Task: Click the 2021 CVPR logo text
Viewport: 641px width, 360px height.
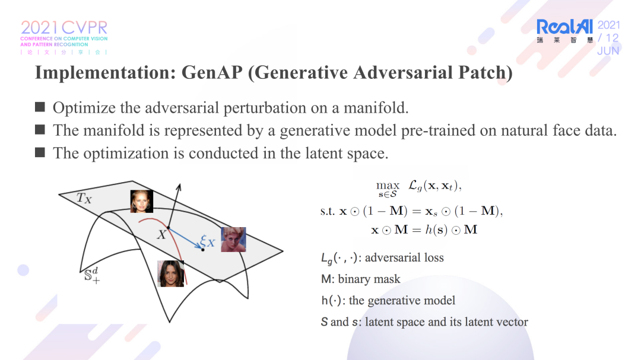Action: click(64, 28)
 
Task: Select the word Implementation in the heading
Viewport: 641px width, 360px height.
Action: click(106, 73)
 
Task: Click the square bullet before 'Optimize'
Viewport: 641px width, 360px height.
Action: click(40, 107)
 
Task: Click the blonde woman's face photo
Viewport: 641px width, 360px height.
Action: click(141, 201)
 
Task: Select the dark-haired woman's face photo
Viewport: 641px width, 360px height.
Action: click(170, 273)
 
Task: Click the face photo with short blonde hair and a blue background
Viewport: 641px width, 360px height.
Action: click(233, 240)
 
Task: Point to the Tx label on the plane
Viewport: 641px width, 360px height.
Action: click(84, 198)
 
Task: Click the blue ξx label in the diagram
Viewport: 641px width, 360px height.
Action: click(207, 241)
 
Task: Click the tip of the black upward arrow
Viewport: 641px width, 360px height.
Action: click(179, 184)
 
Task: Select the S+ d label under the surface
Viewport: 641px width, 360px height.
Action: click(92, 275)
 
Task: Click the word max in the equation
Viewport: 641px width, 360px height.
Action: click(388, 185)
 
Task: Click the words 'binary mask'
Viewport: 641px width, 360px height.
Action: click(369, 279)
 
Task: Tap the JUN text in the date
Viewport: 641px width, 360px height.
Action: click(608, 50)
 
